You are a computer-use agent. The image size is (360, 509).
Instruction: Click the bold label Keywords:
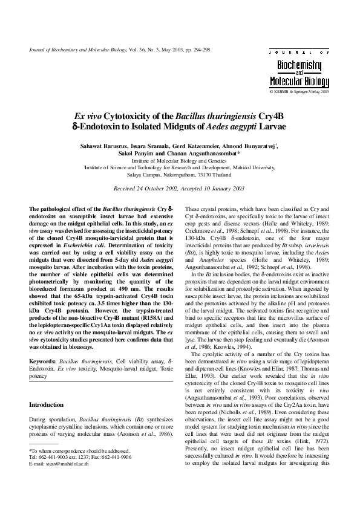click(44, 361)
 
